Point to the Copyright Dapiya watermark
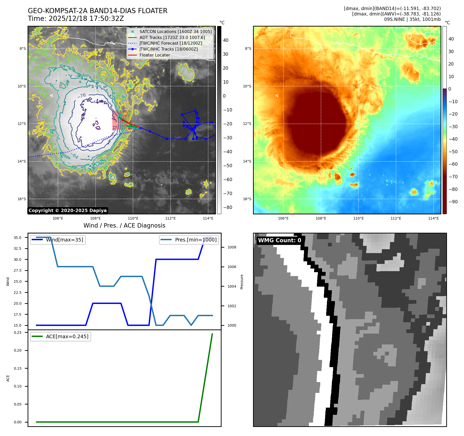(x=68, y=211)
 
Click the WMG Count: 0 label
(x=280, y=240)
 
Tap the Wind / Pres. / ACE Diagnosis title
(x=124, y=225)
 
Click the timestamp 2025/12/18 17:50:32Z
(x=86, y=19)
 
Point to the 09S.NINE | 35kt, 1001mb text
(x=412, y=19)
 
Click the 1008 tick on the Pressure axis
(x=232, y=247)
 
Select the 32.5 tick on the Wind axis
(x=18, y=248)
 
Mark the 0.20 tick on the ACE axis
(x=18, y=350)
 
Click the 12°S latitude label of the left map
(x=22, y=124)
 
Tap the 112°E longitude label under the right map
(x=396, y=218)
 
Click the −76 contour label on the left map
(x=82, y=96)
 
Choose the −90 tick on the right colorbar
(x=453, y=202)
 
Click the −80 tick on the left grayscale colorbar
(x=227, y=207)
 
